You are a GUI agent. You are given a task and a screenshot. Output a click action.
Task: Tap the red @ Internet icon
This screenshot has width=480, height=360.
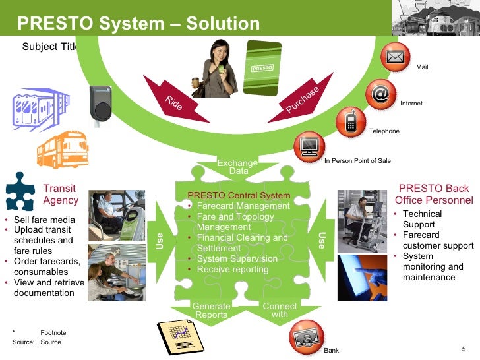[380, 94]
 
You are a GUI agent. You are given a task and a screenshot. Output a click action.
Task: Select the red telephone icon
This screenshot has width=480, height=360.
[351, 121]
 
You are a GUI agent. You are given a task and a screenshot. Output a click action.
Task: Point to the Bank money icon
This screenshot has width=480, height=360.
[306, 337]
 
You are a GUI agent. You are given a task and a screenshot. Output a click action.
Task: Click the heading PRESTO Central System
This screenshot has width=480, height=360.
[239, 195]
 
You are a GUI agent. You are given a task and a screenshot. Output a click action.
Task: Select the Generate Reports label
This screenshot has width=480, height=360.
[211, 311]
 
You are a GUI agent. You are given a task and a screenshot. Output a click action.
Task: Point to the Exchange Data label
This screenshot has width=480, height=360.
[238, 167]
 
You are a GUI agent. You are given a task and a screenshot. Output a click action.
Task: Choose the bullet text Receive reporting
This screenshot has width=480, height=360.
[233, 269]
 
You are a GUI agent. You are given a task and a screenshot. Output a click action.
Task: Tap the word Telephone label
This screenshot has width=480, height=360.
[384, 131]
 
